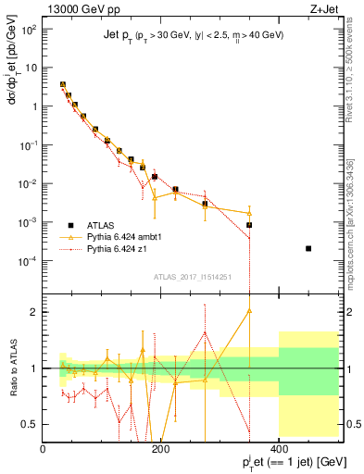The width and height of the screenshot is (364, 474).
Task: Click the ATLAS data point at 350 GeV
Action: pyautogui.click(x=249, y=225)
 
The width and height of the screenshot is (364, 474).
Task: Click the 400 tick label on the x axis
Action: pyautogui.click(x=279, y=450)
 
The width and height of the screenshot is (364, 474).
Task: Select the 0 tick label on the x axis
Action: pyautogui.click(x=44, y=450)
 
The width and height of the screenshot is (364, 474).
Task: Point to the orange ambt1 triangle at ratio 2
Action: pyautogui.click(x=249, y=311)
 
